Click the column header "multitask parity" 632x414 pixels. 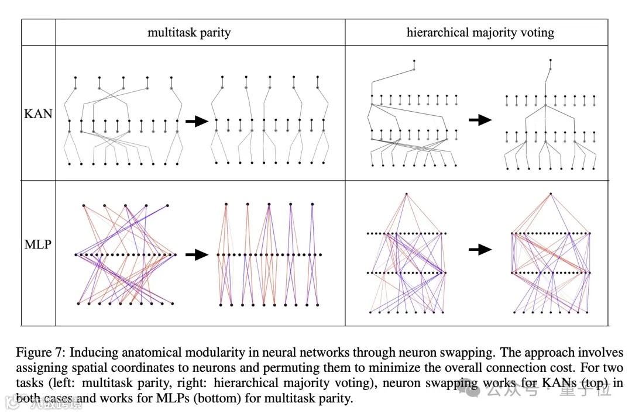[x=189, y=33]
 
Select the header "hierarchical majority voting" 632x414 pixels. [x=480, y=33]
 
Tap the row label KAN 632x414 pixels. [x=38, y=113]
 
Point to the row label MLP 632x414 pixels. [x=38, y=244]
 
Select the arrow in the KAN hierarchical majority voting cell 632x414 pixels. [x=480, y=120]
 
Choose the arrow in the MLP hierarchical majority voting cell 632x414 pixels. [x=480, y=250]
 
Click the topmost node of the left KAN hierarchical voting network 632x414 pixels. [x=414, y=61]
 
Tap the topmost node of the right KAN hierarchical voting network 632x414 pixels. [x=549, y=60]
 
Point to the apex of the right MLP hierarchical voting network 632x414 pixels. [x=550, y=193]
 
